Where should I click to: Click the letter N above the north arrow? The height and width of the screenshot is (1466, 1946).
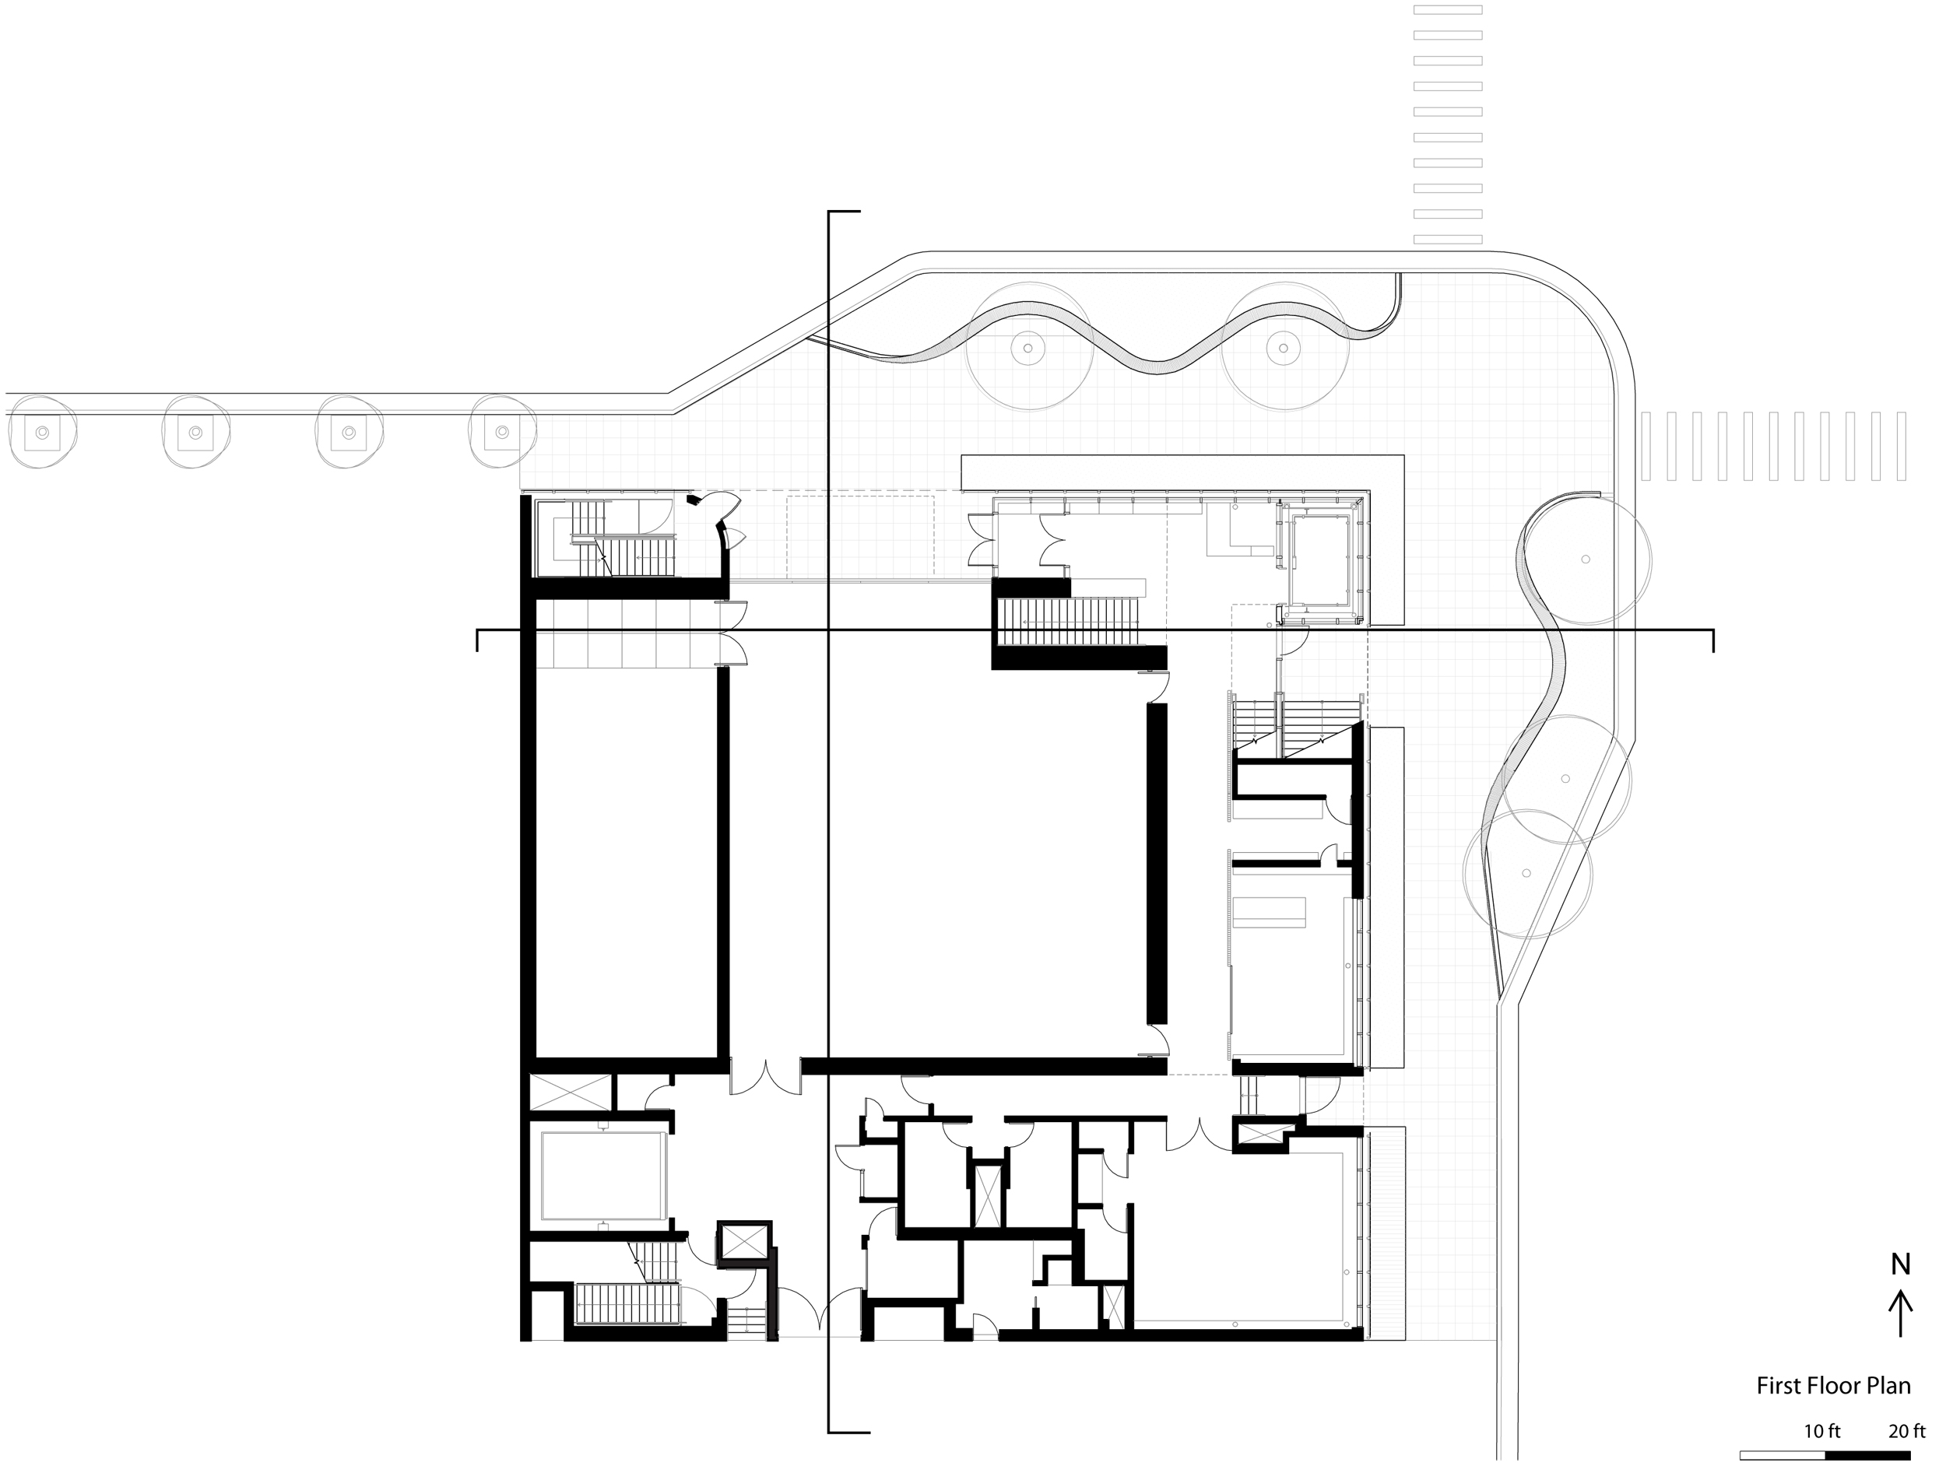click(1900, 1264)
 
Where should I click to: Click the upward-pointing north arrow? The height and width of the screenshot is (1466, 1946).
click(1900, 1313)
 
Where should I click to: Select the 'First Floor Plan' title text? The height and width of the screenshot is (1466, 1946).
click(1833, 1386)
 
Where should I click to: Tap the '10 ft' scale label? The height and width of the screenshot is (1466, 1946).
click(1822, 1431)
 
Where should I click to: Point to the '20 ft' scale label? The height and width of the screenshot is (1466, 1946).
click(1907, 1431)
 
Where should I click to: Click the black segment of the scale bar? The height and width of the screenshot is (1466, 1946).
click(1867, 1455)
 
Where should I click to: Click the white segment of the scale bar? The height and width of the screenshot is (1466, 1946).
click(1783, 1455)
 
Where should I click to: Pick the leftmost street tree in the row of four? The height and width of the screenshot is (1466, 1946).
click(41, 432)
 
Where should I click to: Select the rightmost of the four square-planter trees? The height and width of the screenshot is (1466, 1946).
click(502, 432)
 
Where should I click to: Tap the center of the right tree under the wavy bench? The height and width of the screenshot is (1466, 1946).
click(1284, 346)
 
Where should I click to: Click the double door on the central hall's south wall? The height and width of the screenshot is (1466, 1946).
click(766, 1076)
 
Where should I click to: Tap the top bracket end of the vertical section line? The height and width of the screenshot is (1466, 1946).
click(844, 212)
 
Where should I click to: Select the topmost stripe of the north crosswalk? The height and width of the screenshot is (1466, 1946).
click(1447, 9)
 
